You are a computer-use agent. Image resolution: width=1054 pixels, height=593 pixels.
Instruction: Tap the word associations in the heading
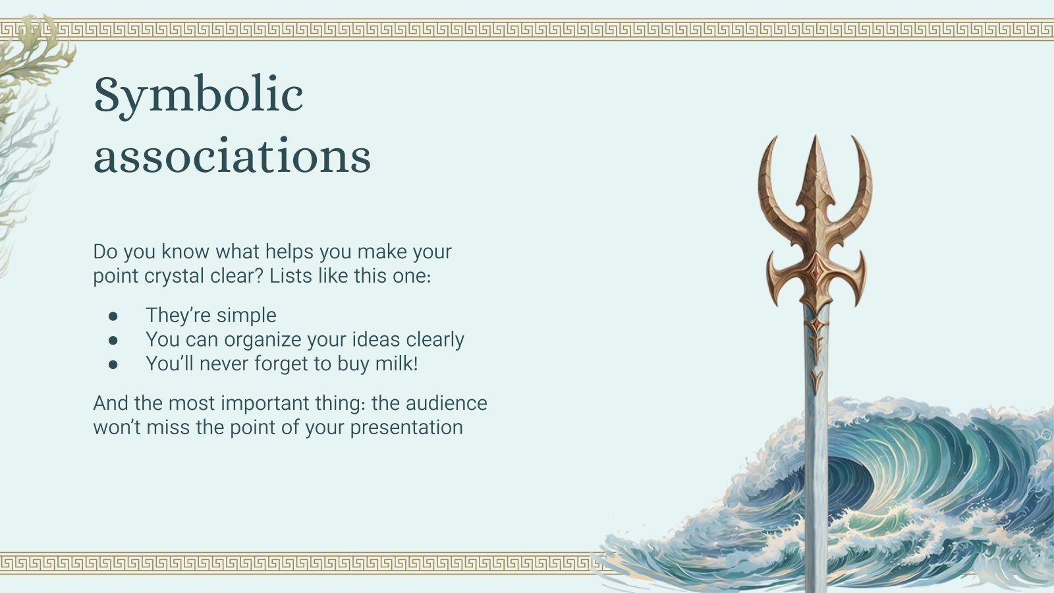[x=232, y=156]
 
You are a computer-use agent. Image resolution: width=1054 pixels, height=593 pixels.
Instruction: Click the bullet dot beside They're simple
[x=113, y=316]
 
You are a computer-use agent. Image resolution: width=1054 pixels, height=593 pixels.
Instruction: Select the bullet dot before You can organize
[x=113, y=340]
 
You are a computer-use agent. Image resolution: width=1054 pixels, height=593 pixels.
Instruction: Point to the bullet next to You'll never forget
[x=113, y=364]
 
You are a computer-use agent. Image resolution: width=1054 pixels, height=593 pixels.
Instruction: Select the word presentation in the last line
[x=406, y=428]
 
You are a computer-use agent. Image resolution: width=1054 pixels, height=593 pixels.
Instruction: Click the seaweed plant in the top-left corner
[x=30, y=66]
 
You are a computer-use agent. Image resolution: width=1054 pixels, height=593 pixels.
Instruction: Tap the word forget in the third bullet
[x=300, y=364]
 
